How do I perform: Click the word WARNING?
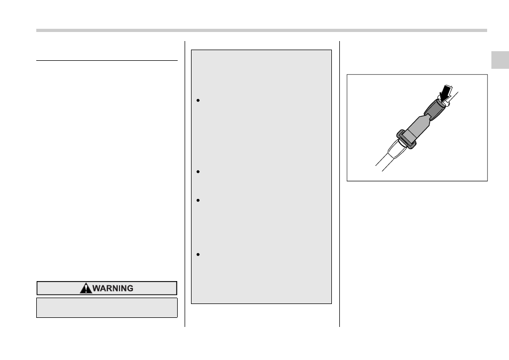tap(113, 288)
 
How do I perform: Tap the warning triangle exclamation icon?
tap(86, 288)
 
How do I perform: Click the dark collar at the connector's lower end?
tap(406, 139)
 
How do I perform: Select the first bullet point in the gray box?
tap(198, 100)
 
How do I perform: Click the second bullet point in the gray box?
tap(198, 172)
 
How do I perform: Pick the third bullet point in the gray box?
tap(198, 201)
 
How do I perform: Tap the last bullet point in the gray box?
tap(198, 254)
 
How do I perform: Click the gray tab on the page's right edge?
tap(500, 60)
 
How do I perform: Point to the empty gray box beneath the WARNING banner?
tap(107, 308)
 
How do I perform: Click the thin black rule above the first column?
tap(107, 60)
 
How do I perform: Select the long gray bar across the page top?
tap(261, 30)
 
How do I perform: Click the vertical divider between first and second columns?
tap(185, 184)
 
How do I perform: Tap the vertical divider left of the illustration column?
tap(339, 184)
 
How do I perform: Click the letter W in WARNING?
tap(97, 288)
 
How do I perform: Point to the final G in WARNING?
tap(130, 288)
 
